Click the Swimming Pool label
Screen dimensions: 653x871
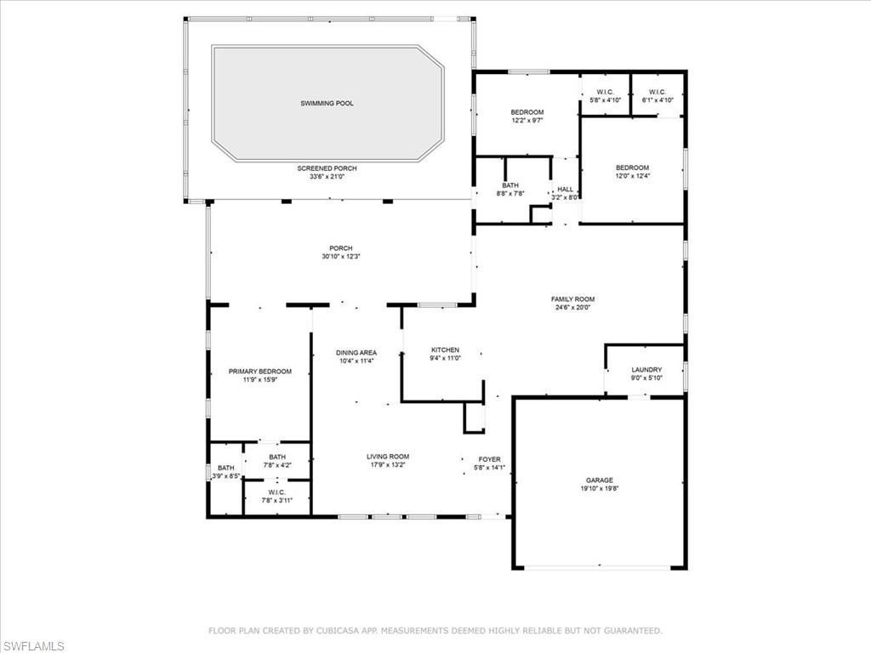(x=327, y=104)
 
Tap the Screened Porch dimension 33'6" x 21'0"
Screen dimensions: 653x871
(x=327, y=177)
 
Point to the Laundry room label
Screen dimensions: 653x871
(x=646, y=370)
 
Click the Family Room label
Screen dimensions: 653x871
(x=572, y=299)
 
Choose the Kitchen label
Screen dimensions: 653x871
(x=445, y=349)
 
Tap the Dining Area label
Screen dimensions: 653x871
(x=356, y=352)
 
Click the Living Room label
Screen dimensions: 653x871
(x=388, y=457)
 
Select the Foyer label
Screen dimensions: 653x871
(x=489, y=459)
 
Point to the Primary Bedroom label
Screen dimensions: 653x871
(x=259, y=372)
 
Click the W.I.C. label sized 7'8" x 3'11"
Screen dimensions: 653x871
(x=276, y=491)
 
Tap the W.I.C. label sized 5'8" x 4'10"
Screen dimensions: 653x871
(x=606, y=92)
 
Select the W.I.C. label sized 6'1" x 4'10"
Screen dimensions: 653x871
(x=657, y=92)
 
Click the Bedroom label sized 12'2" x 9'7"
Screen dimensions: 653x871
(x=527, y=112)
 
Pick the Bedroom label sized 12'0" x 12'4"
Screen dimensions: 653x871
(x=632, y=168)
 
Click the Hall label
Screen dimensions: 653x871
(x=565, y=190)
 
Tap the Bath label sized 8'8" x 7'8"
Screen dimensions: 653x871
(x=510, y=185)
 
